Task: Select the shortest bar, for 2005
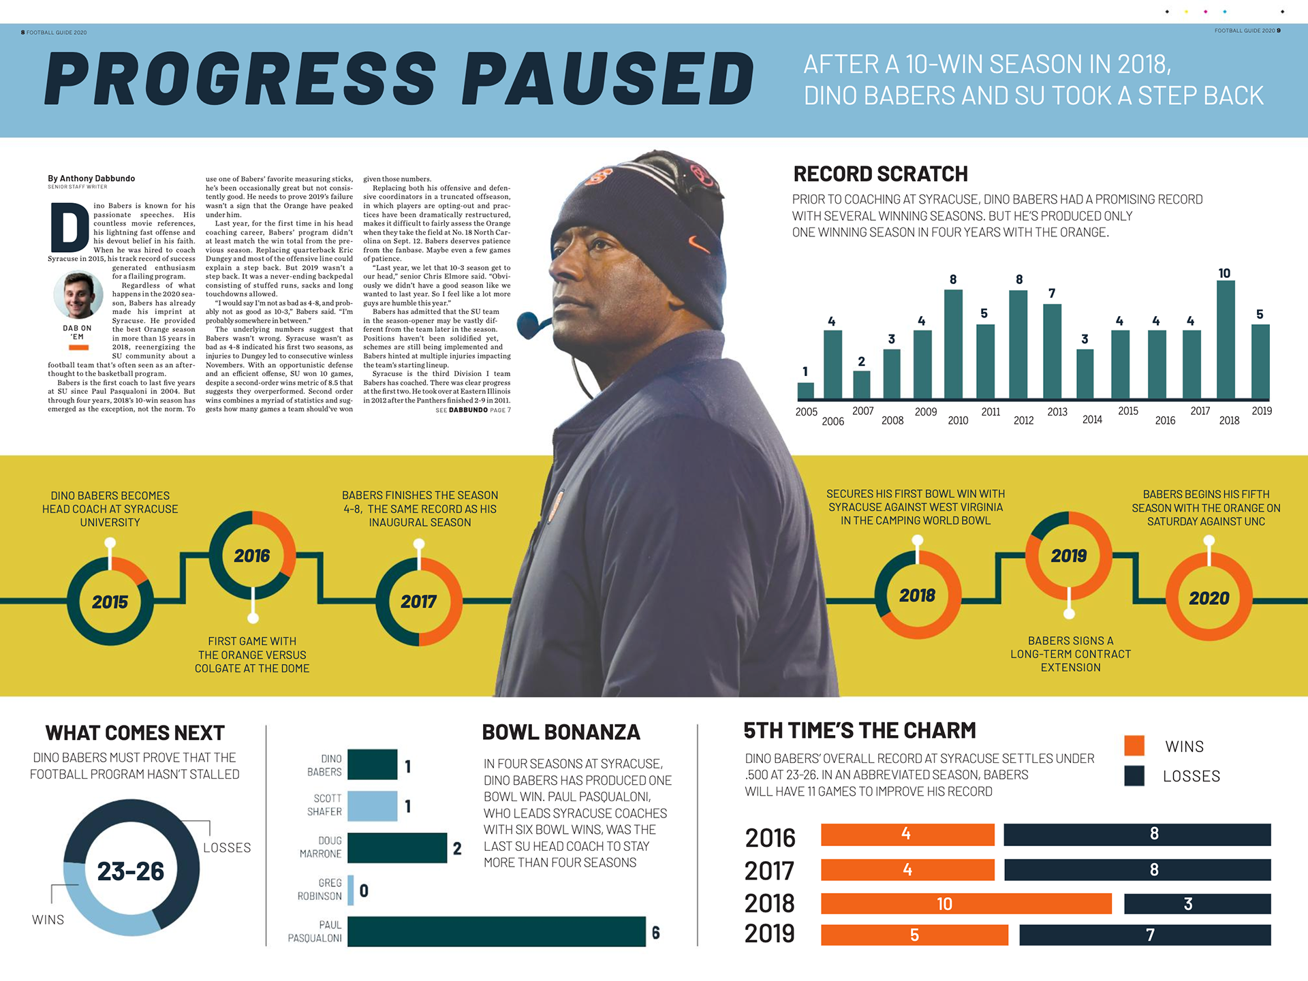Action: pyautogui.click(x=805, y=390)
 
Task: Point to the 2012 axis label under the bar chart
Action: pyautogui.click(x=1023, y=420)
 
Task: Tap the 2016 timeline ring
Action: pyautogui.click(x=252, y=555)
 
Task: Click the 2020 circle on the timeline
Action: pyautogui.click(x=1209, y=597)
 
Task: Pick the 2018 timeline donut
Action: pyautogui.click(x=918, y=595)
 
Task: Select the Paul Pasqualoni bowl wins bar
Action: pyautogui.click(x=497, y=931)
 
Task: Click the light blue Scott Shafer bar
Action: pyautogui.click(x=372, y=806)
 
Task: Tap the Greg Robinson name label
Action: pyautogui.click(x=320, y=890)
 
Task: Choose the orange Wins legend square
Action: pyautogui.click(x=1134, y=746)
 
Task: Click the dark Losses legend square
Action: pyautogui.click(x=1134, y=776)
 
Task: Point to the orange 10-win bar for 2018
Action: pyautogui.click(x=965, y=904)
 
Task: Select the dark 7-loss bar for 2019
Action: pyautogui.click(x=1144, y=935)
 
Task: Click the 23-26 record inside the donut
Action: pyautogui.click(x=131, y=871)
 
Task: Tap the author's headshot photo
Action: pyautogui.click(x=78, y=295)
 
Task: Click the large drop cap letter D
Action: pyautogui.click(x=69, y=228)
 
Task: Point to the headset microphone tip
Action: pyautogui.click(x=528, y=325)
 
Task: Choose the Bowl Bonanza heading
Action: pyautogui.click(x=561, y=732)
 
